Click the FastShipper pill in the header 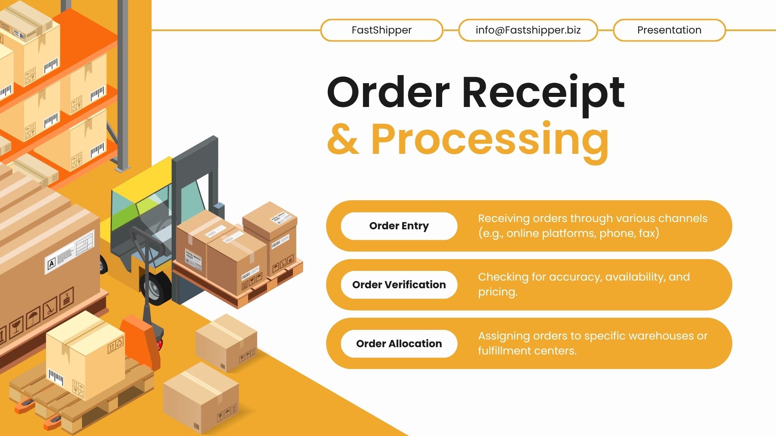(382, 30)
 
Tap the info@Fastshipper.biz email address (528, 30)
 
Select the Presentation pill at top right (669, 30)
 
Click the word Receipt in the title (543, 93)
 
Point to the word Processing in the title (490, 140)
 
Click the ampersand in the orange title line (343, 140)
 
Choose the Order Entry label (399, 226)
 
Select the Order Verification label (399, 285)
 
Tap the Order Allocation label (399, 344)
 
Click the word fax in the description (647, 233)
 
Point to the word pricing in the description (497, 292)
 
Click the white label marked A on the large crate (51, 264)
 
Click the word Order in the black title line (388, 93)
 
